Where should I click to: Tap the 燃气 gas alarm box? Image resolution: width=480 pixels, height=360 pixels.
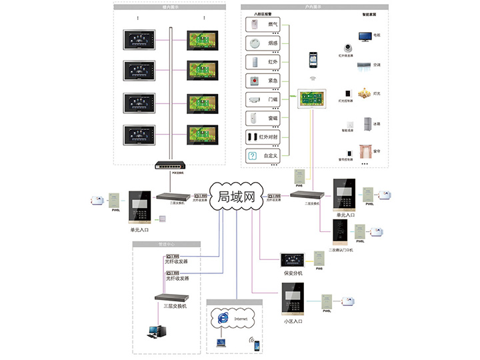[264, 25]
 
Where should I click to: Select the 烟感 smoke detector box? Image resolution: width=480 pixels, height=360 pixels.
[264, 43]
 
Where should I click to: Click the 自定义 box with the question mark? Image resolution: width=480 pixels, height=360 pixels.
[264, 156]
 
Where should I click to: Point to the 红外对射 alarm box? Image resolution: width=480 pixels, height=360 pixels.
[264, 137]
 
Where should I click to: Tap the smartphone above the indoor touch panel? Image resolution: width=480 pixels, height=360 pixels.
[311, 60]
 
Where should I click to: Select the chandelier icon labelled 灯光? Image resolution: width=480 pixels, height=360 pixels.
[364, 93]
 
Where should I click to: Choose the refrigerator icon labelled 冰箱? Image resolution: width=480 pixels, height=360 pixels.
[367, 124]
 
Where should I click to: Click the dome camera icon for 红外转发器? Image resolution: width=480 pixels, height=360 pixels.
[348, 47]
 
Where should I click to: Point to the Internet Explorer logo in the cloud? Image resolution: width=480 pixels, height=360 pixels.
[221, 319]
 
